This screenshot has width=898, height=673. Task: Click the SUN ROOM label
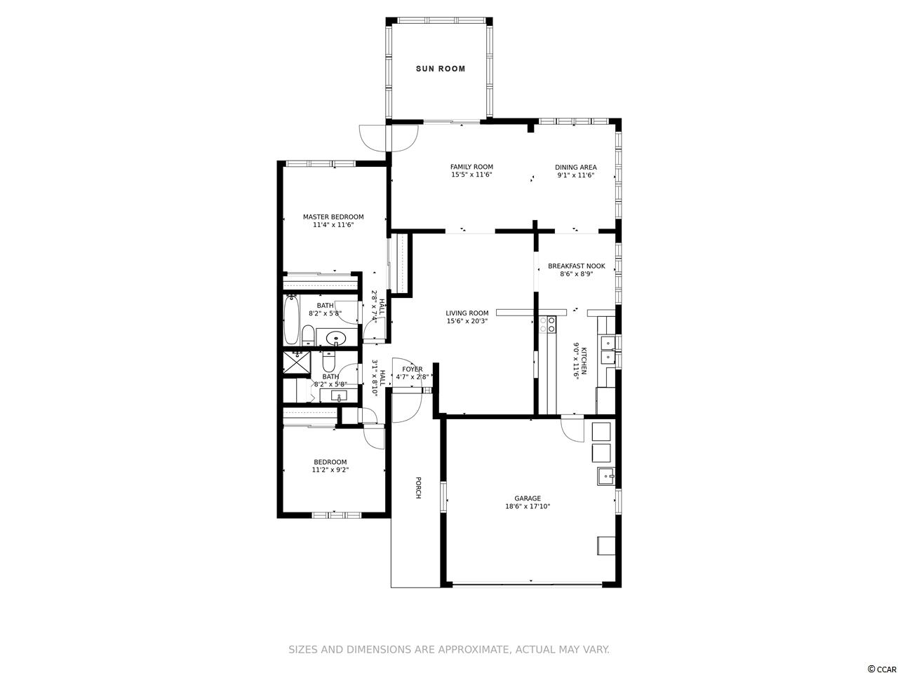[x=440, y=69]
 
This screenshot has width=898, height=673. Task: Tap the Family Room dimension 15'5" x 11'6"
[x=471, y=175]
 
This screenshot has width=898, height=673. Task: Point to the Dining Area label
[x=575, y=167]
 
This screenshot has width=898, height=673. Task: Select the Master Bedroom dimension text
[x=333, y=225]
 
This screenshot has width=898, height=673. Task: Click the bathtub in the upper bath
[x=291, y=319]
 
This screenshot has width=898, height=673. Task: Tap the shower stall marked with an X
[x=297, y=362]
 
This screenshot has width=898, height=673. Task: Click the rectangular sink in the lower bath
[x=339, y=395]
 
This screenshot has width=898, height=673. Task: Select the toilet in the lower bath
[x=328, y=360]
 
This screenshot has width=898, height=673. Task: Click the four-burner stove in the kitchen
[x=547, y=325]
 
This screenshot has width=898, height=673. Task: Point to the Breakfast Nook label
[x=576, y=266]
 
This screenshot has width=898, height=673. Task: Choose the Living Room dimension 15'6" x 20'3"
[x=467, y=321]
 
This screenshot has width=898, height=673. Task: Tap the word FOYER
[x=412, y=369]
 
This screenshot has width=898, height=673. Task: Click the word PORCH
[x=418, y=487]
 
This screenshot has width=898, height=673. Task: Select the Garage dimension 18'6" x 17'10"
[x=528, y=506]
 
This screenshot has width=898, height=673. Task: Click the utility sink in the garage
[x=606, y=476]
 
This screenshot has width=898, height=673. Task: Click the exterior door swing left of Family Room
[x=373, y=137]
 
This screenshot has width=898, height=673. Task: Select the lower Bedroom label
[x=330, y=462]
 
